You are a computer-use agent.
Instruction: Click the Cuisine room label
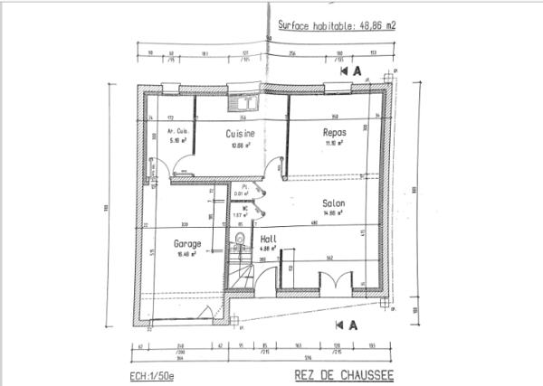point(240,133)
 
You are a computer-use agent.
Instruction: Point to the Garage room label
point(187,243)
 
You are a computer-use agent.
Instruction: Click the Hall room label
point(268,240)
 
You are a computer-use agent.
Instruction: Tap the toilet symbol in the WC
point(239,240)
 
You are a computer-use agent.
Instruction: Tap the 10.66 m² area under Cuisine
point(240,145)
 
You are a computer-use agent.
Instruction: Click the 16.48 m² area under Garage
point(187,255)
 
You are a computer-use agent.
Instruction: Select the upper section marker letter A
point(358,69)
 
